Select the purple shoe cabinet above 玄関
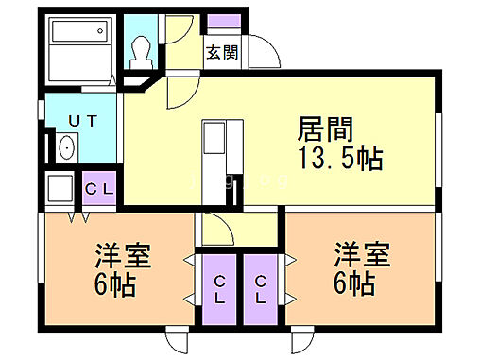[223, 22]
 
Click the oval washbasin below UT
[67, 148]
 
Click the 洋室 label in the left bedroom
[122, 256]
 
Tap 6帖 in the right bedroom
[352, 283]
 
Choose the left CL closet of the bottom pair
[219, 287]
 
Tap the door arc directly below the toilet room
[179, 94]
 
